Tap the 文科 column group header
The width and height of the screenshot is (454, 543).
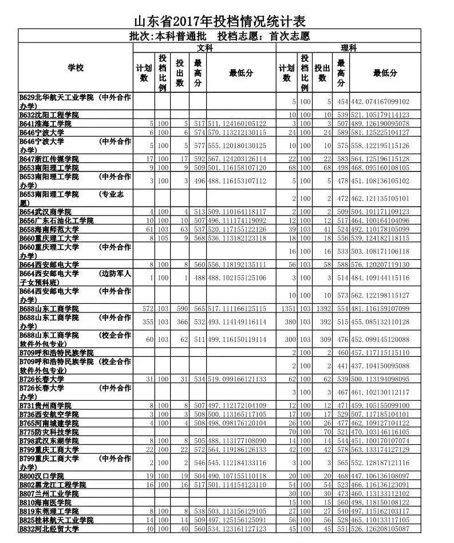coord(204,49)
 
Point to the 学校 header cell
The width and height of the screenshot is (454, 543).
coord(76,68)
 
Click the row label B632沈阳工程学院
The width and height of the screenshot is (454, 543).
coord(49,115)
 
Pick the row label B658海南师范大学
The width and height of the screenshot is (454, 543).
coord(49,229)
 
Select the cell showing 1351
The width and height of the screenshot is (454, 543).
coord(287,308)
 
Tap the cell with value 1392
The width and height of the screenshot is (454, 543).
coord(323,308)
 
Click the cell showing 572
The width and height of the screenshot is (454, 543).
coord(145,308)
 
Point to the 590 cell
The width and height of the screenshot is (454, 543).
coord(181,308)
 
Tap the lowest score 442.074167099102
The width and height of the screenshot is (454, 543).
coord(380,101)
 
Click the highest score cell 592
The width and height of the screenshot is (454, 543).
coord(198,159)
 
